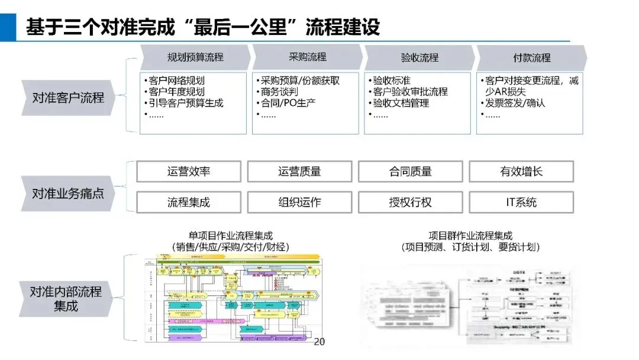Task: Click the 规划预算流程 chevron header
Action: [195, 58]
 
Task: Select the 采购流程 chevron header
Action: [307, 57]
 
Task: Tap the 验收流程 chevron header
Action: [419, 58]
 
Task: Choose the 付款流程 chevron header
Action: [531, 58]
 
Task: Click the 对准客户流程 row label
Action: [67, 97]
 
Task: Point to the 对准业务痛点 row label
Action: [67, 194]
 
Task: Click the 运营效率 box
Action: [189, 172]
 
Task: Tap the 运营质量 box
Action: [299, 172]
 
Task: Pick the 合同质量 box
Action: [410, 172]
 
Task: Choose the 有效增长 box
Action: [521, 172]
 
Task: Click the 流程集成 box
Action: [189, 202]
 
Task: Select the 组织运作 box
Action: [299, 202]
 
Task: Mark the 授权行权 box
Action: [410, 202]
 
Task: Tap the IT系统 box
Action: [521, 202]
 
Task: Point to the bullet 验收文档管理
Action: [400, 103]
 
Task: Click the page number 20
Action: [319, 342]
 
